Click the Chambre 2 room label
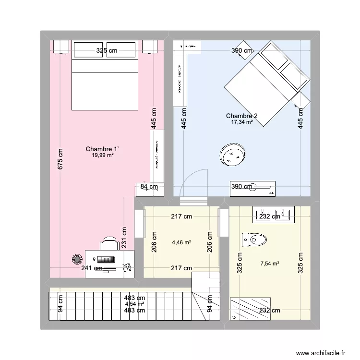[x=241, y=116]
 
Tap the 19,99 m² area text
[x=103, y=155]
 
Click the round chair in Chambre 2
[x=233, y=155]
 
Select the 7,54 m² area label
[x=269, y=263]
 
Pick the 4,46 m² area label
[x=181, y=242]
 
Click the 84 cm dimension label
[x=149, y=187]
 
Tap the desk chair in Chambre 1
[x=110, y=243]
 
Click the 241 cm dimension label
[x=91, y=268]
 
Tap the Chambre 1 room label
[x=103, y=149]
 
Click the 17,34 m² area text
[x=241, y=122]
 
